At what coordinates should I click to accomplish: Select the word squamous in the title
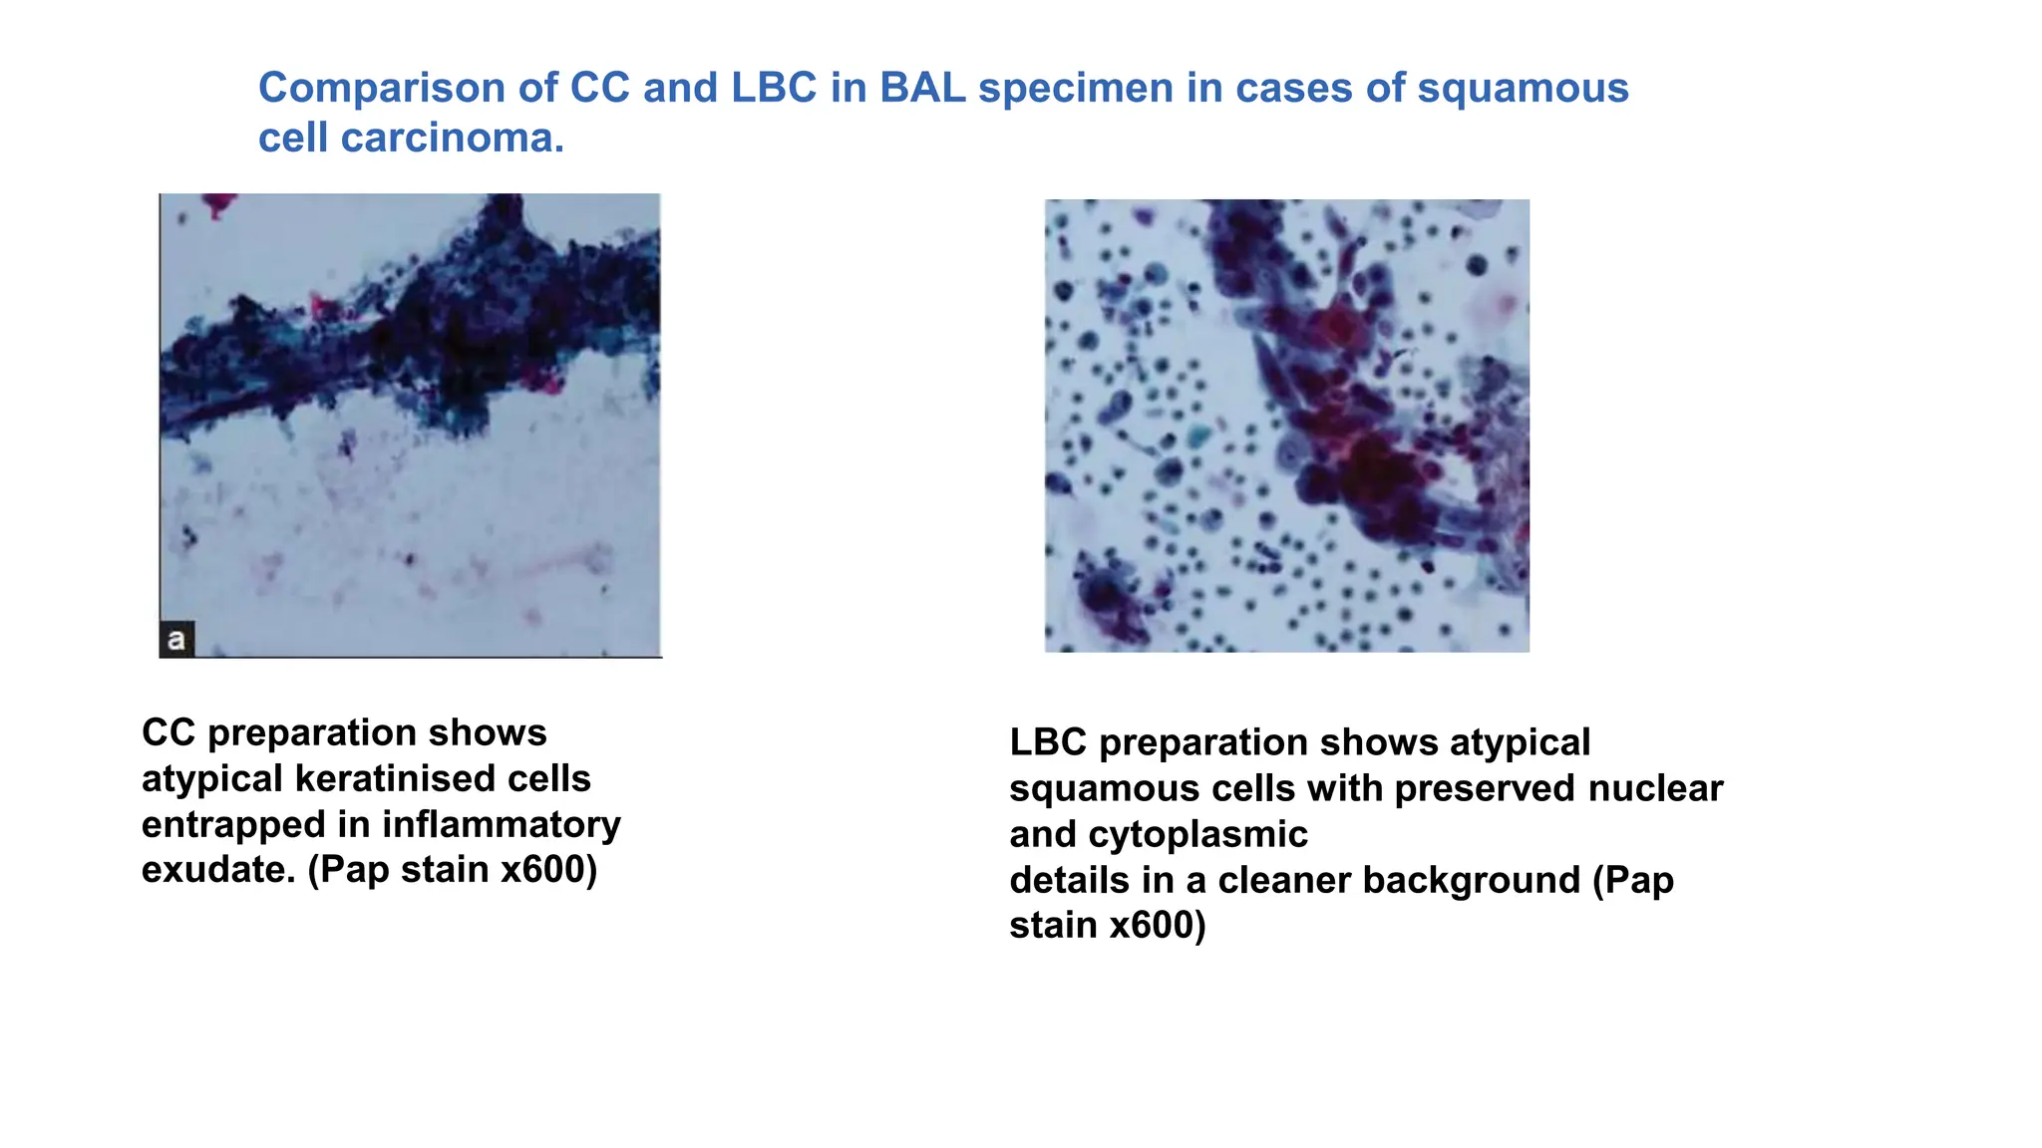[x=1523, y=89]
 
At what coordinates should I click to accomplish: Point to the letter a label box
[x=176, y=639]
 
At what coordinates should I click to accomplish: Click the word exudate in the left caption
[x=218, y=870]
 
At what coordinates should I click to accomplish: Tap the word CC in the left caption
[x=168, y=733]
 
